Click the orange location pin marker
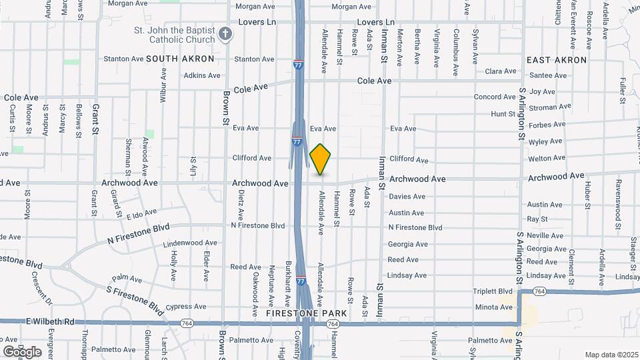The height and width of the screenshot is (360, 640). coord(321,159)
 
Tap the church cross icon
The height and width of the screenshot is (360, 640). coord(226,33)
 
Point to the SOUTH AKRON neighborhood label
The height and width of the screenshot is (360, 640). coord(180,59)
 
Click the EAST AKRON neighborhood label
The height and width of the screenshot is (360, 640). coord(556,60)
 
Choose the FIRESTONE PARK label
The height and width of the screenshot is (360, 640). coord(306,313)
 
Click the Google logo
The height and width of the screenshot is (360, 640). coord(22,351)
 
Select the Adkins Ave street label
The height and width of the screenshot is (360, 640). coord(202,75)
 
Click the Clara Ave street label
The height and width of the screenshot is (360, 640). coord(501,71)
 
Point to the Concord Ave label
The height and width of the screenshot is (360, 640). coord(495,97)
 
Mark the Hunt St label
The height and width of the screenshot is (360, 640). coord(504,114)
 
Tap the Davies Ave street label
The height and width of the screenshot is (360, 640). coord(407,197)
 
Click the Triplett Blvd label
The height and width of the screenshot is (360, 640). coord(493,291)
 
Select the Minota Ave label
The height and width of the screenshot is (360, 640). coord(494,307)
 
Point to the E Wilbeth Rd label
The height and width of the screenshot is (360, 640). coord(51,321)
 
